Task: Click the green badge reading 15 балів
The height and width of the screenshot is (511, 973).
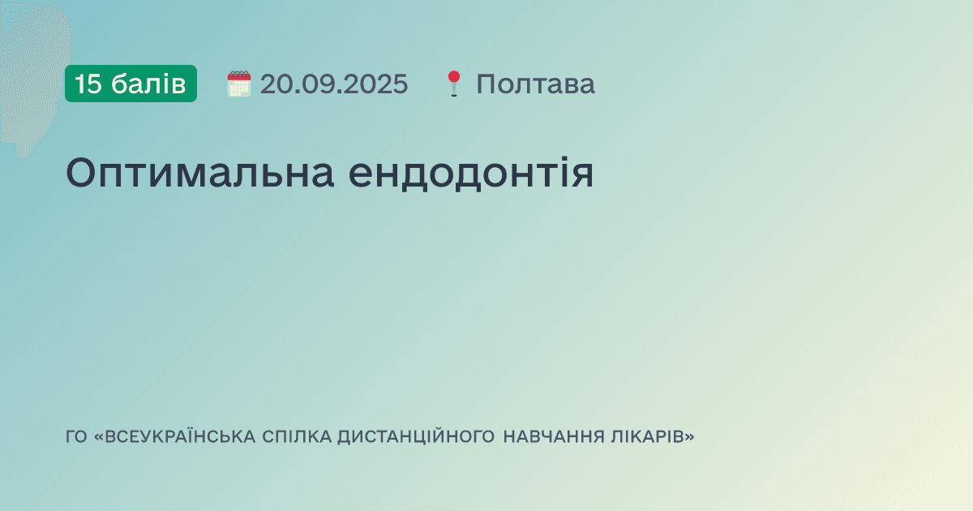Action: (x=131, y=84)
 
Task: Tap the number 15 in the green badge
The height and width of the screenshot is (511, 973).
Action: (x=88, y=84)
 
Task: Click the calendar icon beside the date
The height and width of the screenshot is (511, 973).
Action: (x=239, y=84)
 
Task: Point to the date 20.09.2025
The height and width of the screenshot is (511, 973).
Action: (x=334, y=84)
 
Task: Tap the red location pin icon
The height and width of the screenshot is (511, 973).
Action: (x=453, y=84)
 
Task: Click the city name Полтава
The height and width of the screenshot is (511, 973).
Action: (x=535, y=84)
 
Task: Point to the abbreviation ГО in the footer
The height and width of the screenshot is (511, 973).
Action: (x=75, y=437)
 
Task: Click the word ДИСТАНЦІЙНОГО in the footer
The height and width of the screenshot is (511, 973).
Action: (x=416, y=437)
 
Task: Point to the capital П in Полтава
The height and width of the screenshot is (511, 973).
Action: (x=485, y=84)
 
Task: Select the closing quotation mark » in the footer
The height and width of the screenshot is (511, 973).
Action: (x=690, y=437)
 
